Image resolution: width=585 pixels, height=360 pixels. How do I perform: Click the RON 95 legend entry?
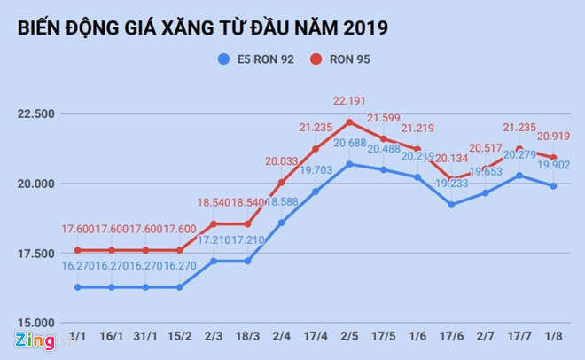(340, 59)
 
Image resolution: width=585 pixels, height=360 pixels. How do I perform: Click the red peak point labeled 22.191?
(350, 121)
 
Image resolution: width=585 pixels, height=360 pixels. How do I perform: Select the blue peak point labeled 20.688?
(350, 164)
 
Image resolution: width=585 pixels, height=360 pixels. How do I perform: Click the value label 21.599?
(385, 118)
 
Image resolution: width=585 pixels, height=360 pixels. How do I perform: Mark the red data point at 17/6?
(452, 179)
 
